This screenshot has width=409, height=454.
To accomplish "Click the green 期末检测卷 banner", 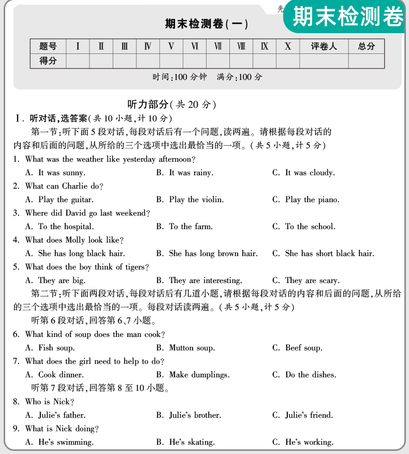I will coord(348,17).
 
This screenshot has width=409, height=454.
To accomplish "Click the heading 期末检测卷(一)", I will coord(206,24).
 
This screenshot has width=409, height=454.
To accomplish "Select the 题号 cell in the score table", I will coord(48,47).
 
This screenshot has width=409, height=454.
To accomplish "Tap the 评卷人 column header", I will coord(324,47).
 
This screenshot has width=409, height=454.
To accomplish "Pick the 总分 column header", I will coord(366,47).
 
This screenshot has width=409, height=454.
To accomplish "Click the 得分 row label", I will coord(48,61).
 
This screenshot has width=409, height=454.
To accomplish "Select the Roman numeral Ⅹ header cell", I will coord(288,47).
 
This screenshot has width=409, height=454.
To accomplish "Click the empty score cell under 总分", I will coord(366,61).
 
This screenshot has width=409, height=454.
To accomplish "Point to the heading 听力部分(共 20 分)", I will coord(171,105).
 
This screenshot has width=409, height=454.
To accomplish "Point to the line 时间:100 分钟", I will coord(179,77).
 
